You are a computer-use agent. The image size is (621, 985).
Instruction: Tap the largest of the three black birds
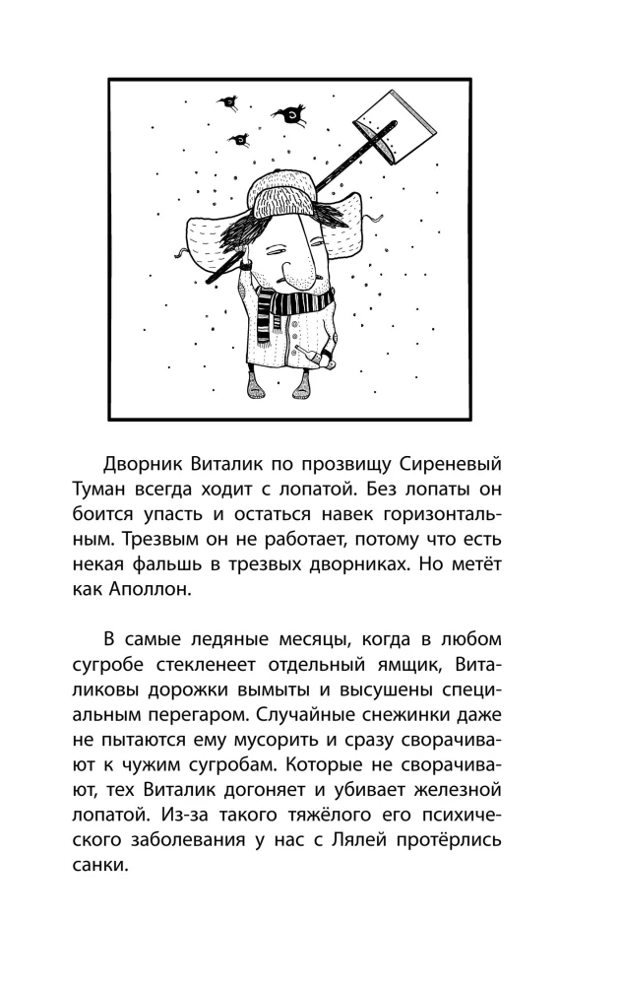coord(292,114)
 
